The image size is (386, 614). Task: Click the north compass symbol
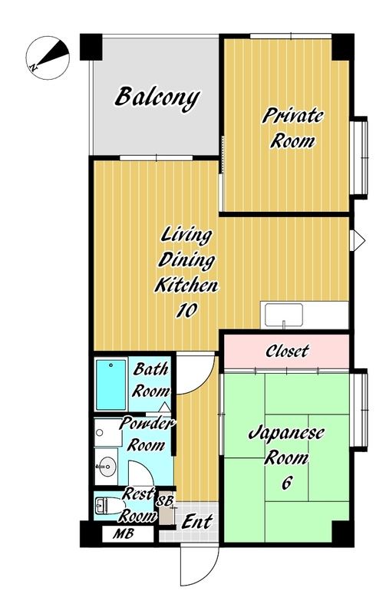48,58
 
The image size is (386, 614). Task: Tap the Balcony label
157,98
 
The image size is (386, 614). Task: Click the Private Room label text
292,128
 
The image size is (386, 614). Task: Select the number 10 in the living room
186,311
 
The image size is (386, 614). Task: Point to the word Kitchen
186,285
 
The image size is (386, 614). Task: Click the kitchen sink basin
284,315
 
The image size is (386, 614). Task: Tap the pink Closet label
287,351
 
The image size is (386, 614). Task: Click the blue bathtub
111,385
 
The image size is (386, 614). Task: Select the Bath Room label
151,380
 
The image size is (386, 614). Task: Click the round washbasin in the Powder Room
107,467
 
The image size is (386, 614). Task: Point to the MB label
124,533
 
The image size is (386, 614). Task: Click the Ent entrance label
197,522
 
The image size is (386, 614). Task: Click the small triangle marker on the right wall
358,240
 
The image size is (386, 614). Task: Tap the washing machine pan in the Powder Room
108,433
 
